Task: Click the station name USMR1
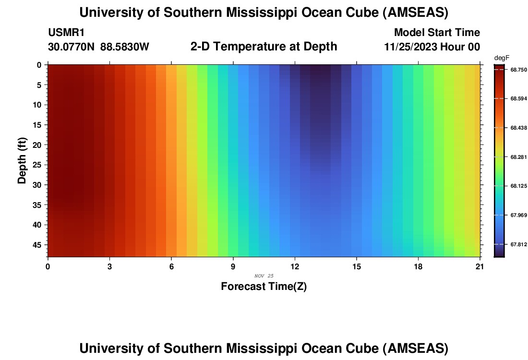tap(66, 33)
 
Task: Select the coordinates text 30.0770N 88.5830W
tap(98, 47)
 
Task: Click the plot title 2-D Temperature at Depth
tap(264, 47)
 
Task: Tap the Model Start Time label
tap(437, 33)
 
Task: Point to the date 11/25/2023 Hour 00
tap(432, 47)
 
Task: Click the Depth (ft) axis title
tap(22, 161)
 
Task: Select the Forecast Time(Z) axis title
tap(264, 287)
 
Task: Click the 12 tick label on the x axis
tap(295, 266)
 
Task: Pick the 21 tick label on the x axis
tap(480, 266)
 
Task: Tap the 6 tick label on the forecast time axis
tap(171, 266)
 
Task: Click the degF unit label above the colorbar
tap(501, 58)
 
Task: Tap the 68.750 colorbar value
tap(519, 70)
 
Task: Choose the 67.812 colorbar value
tap(519, 244)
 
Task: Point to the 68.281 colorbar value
tap(519, 157)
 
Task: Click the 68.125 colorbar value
tap(519, 186)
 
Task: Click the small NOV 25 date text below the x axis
tap(264, 276)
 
